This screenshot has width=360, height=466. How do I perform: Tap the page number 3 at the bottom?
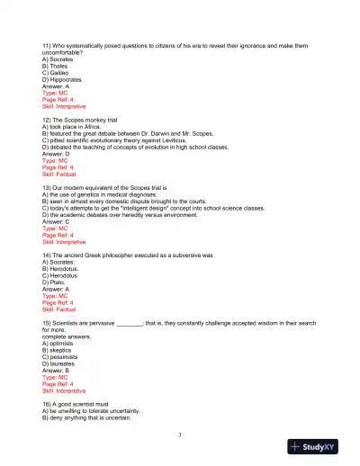tap(180, 435)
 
